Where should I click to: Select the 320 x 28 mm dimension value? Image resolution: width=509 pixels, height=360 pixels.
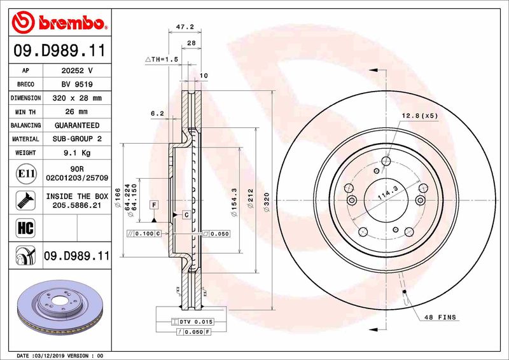click(x=78, y=99)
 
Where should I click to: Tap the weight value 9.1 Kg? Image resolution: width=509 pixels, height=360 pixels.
click(x=78, y=153)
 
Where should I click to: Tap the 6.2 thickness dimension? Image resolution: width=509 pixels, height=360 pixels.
click(x=157, y=114)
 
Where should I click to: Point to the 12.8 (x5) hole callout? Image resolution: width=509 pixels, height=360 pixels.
click(x=420, y=116)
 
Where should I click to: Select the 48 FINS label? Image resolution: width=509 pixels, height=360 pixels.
click(x=441, y=317)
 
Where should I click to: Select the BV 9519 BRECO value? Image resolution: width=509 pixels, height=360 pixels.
click(x=78, y=85)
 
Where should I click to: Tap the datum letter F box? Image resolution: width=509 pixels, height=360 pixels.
click(x=154, y=204)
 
